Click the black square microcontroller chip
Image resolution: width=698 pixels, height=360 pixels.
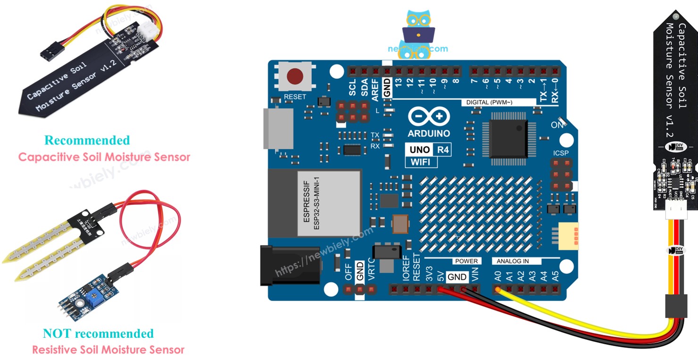click(508, 138)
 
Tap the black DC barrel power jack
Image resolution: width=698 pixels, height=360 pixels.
click(283, 265)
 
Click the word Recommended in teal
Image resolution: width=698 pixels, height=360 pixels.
click(87, 140)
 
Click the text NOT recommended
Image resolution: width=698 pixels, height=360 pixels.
click(98, 334)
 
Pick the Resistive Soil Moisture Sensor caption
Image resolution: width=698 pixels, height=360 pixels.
click(108, 350)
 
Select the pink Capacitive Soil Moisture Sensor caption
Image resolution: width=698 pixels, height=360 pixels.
click(104, 157)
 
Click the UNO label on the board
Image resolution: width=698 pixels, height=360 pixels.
click(420, 150)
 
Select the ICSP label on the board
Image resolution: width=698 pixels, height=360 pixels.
click(561, 153)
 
